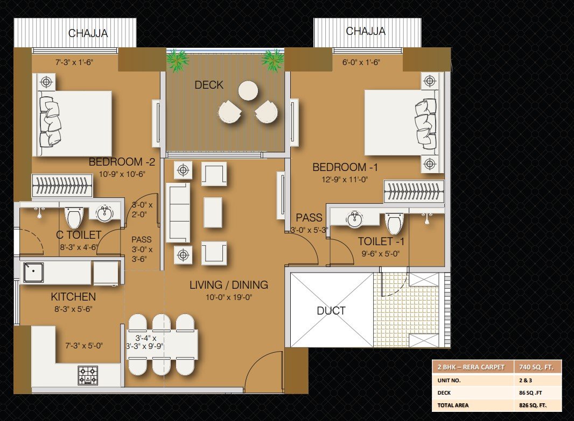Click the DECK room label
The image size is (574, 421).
point(209,85)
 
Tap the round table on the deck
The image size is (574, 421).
point(248,90)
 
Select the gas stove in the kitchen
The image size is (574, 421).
point(88,376)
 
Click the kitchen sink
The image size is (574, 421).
point(33,272)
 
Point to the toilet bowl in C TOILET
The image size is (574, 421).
point(74,217)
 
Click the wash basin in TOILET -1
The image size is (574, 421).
point(354,219)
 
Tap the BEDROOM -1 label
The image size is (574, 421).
point(345,167)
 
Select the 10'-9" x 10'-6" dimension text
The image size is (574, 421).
point(122,174)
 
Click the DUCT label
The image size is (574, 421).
point(331,311)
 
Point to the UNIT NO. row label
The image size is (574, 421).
point(449,381)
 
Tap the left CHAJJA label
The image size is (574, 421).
point(88,34)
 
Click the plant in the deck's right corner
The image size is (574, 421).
point(272,60)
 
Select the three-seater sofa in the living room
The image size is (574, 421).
point(178,213)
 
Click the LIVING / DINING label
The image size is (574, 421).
point(229,285)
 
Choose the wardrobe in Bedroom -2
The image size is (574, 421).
point(62,185)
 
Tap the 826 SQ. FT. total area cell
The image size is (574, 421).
point(533,405)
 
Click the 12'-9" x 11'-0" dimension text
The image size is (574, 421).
point(345,180)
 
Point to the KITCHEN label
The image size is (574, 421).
point(73,297)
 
